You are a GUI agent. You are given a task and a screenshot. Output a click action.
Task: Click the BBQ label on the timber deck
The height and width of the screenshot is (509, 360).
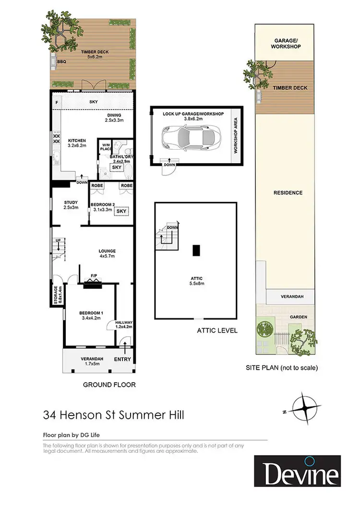[61, 62]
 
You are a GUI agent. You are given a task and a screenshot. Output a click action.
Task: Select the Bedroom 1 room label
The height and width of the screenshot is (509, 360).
[91, 313]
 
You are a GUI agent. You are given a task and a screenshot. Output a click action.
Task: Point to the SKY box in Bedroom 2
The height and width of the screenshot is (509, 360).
[122, 211]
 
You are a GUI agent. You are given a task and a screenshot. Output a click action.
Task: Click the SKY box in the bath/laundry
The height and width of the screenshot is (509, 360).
[116, 167]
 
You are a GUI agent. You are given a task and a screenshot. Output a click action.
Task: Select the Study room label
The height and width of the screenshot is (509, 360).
[71, 202]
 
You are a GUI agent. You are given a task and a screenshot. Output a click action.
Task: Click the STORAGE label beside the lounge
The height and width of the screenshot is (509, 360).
[56, 296]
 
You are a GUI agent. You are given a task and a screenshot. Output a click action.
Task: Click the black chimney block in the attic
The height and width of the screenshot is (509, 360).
[195, 250]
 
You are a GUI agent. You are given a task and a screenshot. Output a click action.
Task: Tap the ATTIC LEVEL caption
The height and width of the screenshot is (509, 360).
[217, 331]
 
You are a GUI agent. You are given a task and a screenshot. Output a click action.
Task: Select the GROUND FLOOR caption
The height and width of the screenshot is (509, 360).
[109, 384]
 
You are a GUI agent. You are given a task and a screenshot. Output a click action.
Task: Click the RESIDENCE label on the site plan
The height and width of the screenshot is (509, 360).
[288, 193]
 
